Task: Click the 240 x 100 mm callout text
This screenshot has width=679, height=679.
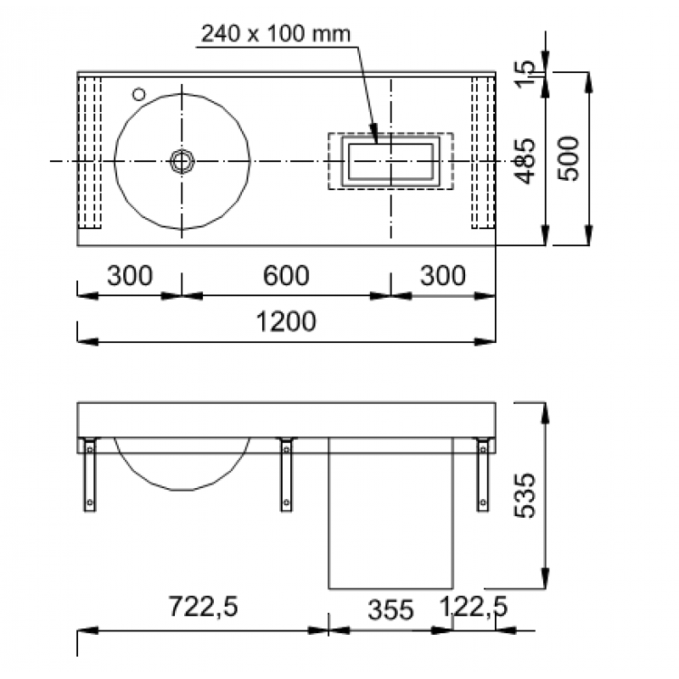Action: (276, 34)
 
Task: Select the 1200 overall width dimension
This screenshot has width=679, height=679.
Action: (286, 322)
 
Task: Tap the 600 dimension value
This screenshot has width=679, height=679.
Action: (286, 275)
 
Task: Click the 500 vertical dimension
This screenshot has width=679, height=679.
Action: (568, 159)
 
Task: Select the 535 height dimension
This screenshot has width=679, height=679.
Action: (525, 496)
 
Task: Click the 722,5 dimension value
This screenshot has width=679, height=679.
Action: (203, 606)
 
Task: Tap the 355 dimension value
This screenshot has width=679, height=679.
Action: (390, 609)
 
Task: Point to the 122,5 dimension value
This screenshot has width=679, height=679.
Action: (474, 606)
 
